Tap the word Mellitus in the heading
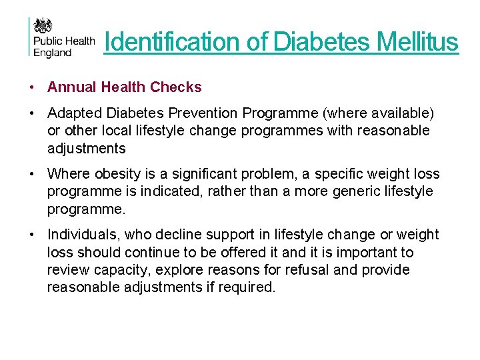point(417,42)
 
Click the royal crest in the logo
point(44,27)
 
